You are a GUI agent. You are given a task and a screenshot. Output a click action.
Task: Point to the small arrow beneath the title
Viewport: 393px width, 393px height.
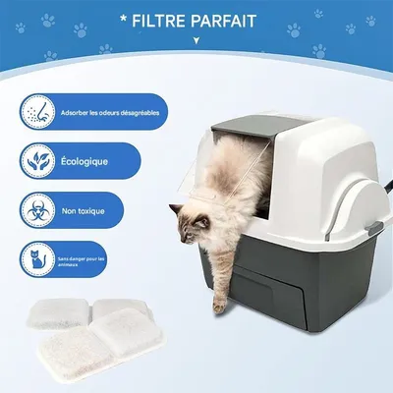196,40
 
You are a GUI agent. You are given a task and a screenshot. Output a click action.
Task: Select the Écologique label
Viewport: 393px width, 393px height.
86,160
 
